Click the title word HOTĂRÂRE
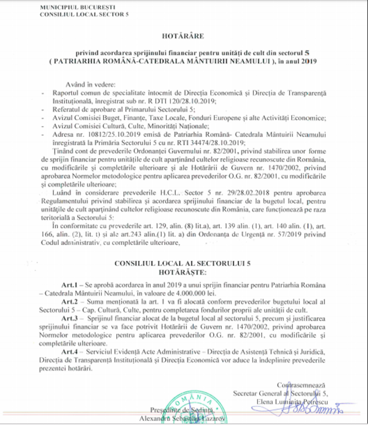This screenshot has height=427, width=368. [x=184, y=36]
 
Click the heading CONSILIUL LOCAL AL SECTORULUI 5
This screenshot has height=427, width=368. [x=183, y=264]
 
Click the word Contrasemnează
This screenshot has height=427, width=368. [x=301, y=385]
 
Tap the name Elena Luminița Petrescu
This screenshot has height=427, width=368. [x=290, y=401]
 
